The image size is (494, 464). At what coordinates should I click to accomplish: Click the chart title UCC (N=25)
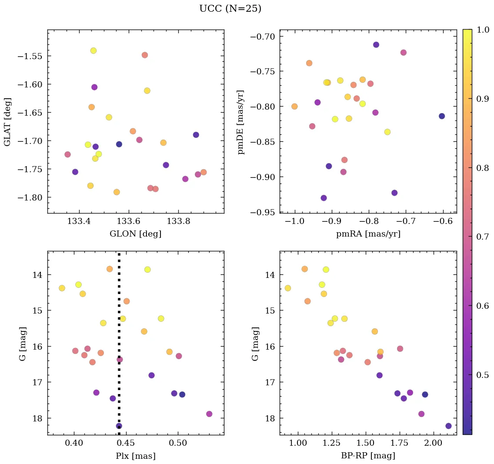pyautogui.click(x=230, y=9)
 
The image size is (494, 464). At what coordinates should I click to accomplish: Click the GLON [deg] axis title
pyautogui.click(x=135, y=234)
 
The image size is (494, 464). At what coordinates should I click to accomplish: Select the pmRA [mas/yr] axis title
pyautogui.click(x=368, y=234)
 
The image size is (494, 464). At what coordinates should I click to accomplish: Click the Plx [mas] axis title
pyautogui.click(x=135, y=456)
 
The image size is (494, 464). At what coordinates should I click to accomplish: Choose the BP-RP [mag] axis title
pyautogui.click(x=368, y=456)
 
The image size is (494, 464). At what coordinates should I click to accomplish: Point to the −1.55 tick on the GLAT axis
pyautogui.click(x=31, y=56)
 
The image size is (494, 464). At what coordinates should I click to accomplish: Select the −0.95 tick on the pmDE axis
pyautogui.click(x=263, y=212)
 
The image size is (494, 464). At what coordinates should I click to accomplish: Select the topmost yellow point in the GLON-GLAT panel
pyautogui.click(x=93, y=50)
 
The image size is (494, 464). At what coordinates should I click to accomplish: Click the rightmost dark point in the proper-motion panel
pyautogui.click(x=442, y=116)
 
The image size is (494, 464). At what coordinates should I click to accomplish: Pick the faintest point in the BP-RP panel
pyautogui.click(x=448, y=426)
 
